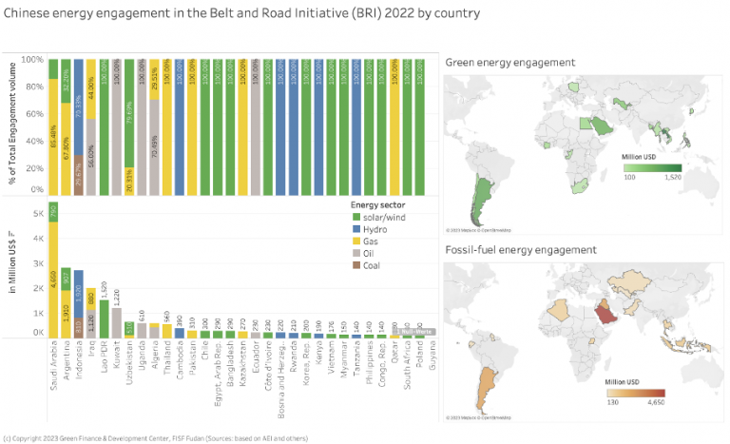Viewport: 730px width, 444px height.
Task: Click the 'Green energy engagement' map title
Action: pos(509,62)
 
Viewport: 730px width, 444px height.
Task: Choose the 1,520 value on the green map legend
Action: pos(672,177)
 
